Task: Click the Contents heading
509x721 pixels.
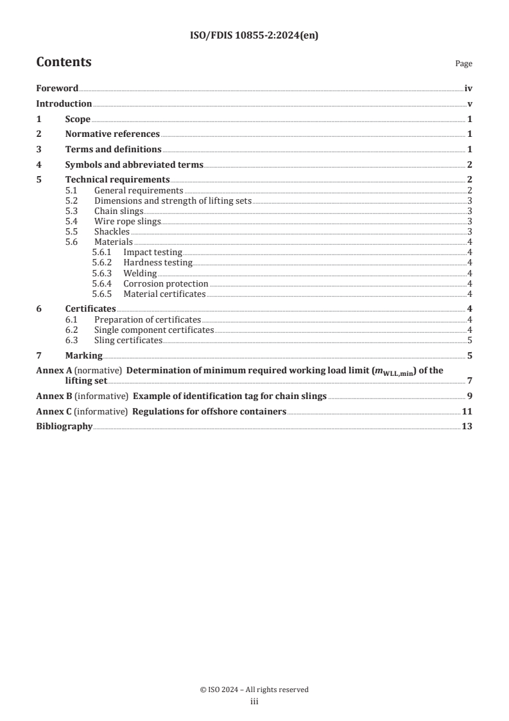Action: pyautogui.click(x=64, y=62)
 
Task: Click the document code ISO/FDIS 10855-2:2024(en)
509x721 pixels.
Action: pyautogui.click(x=254, y=36)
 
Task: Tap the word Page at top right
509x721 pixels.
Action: pyautogui.click(x=463, y=64)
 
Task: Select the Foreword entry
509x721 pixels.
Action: pyautogui.click(x=57, y=89)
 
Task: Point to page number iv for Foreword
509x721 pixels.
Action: pyautogui.click(x=468, y=89)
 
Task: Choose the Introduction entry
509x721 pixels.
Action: pyautogui.click(x=64, y=104)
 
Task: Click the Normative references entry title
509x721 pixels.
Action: pyautogui.click(x=112, y=134)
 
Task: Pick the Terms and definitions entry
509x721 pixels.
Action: pyautogui.click(x=113, y=150)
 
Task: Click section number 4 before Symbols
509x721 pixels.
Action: pyautogui.click(x=39, y=165)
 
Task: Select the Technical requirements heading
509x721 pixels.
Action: pyautogui.click(x=117, y=179)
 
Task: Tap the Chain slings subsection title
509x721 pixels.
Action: pyautogui.click(x=119, y=211)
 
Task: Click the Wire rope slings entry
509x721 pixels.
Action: pyautogui.click(x=127, y=221)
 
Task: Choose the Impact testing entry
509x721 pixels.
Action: pyautogui.click(x=153, y=253)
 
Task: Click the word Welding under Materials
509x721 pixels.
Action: pyautogui.click(x=140, y=273)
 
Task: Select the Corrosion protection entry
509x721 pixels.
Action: pyautogui.click(x=166, y=283)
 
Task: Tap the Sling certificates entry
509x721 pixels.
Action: pyautogui.click(x=128, y=340)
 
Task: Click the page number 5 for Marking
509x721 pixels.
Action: pyautogui.click(x=470, y=355)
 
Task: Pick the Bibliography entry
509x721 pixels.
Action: pyautogui.click(x=64, y=427)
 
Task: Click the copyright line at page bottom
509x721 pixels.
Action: pyautogui.click(x=254, y=690)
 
